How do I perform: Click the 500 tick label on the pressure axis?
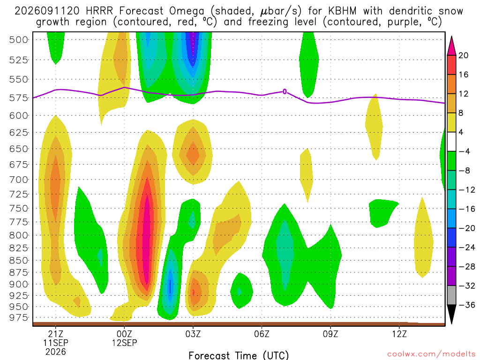pyautogui.click(x=19, y=40)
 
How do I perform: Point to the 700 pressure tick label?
pyautogui.click(x=19, y=180)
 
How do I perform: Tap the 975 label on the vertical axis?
pyautogui.click(x=19, y=317)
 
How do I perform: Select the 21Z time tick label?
pyautogui.click(x=55, y=333)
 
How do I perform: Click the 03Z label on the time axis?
pyautogui.click(x=193, y=333)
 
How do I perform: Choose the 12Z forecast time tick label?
pyautogui.click(x=399, y=333)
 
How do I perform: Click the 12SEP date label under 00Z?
pyautogui.click(x=124, y=343)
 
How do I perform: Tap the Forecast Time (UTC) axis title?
pyautogui.click(x=239, y=355)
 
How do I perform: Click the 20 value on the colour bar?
pyautogui.click(x=464, y=55)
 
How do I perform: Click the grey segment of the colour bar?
pyautogui.click(x=451, y=295)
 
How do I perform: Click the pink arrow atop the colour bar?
pyautogui.click(x=451, y=46)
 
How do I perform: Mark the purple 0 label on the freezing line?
pyautogui.click(x=285, y=91)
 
